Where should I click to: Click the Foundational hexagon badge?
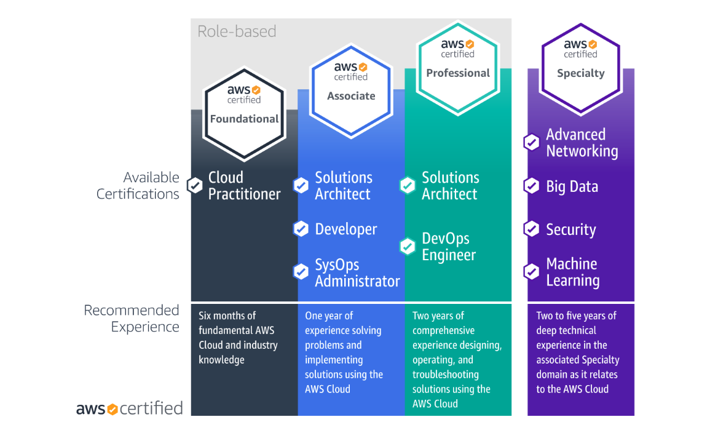tap(244, 109)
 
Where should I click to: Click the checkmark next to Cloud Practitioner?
tap(195, 185)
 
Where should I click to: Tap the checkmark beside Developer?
tap(301, 229)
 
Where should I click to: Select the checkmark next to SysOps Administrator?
tap(301, 271)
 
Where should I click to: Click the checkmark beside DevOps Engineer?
tap(408, 247)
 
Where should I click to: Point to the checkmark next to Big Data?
tap(531, 186)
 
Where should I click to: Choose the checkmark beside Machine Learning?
tap(531, 271)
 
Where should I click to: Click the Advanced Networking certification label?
tap(582, 143)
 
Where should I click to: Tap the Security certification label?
tap(570, 229)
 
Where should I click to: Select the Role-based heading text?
tap(237, 31)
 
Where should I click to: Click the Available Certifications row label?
tap(138, 186)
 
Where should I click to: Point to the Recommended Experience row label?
tap(132, 319)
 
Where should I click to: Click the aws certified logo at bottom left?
tap(129, 408)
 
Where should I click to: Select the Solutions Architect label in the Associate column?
tap(343, 186)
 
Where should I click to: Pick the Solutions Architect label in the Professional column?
tap(449, 186)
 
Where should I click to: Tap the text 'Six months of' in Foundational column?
tap(227, 316)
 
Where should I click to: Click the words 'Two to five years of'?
tap(576, 316)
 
